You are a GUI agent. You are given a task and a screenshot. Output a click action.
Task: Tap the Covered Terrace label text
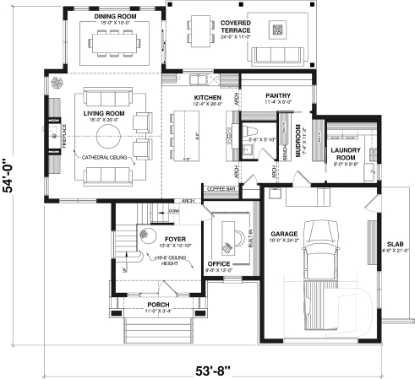click(x=234, y=27)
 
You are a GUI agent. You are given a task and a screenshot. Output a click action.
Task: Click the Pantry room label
click(x=278, y=96)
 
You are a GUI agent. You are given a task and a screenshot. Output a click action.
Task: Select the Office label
click(x=219, y=264)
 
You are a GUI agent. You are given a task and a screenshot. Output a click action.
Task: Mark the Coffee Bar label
click(x=221, y=189)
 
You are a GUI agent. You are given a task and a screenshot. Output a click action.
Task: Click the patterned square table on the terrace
click(x=277, y=31)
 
